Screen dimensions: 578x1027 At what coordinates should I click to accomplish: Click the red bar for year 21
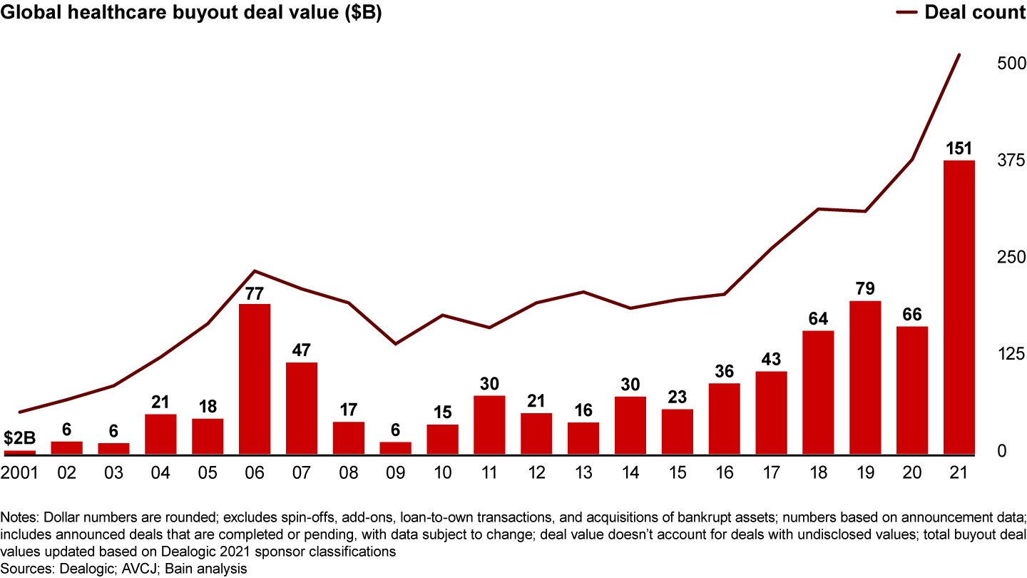click(x=959, y=307)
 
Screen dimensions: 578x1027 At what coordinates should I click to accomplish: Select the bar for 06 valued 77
click(x=255, y=379)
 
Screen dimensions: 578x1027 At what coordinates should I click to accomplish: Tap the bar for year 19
click(x=865, y=377)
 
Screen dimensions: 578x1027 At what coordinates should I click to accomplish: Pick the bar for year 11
click(x=489, y=425)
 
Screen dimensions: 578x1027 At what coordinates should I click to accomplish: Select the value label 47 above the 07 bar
click(x=302, y=350)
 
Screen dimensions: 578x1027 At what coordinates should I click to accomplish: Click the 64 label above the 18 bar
click(x=818, y=318)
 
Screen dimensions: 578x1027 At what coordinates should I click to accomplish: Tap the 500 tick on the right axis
click(x=1011, y=64)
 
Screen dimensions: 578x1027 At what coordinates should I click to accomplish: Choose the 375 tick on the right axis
click(x=1011, y=161)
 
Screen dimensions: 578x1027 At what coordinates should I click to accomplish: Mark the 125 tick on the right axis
click(x=1011, y=355)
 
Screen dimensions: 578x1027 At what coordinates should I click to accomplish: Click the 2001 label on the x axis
click(x=19, y=473)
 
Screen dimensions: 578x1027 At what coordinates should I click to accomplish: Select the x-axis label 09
click(x=396, y=473)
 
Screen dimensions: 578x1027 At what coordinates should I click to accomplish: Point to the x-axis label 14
click(x=630, y=473)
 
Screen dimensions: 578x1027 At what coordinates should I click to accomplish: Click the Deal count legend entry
click(x=975, y=13)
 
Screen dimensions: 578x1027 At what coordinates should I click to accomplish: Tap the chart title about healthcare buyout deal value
click(x=191, y=14)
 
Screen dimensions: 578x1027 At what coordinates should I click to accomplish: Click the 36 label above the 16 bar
click(x=724, y=371)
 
